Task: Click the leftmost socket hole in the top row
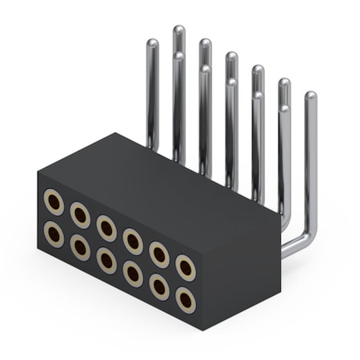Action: (x=54, y=202)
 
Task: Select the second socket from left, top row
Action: (x=80, y=214)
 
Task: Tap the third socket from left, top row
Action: (x=106, y=228)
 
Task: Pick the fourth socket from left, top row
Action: (x=133, y=241)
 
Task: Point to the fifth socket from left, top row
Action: (x=159, y=254)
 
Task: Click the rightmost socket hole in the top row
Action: (x=186, y=267)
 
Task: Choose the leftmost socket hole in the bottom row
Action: (x=54, y=234)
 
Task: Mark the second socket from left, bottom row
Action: (x=80, y=247)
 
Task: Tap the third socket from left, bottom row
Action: (x=106, y=260)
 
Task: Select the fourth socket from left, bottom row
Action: (x=133, y=274)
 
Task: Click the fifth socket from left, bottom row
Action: (x=159, y=286)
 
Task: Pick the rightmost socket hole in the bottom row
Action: (x=186, y=300)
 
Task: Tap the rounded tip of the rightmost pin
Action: (x=310, y=97)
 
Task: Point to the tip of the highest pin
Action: (x=178, y=30)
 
